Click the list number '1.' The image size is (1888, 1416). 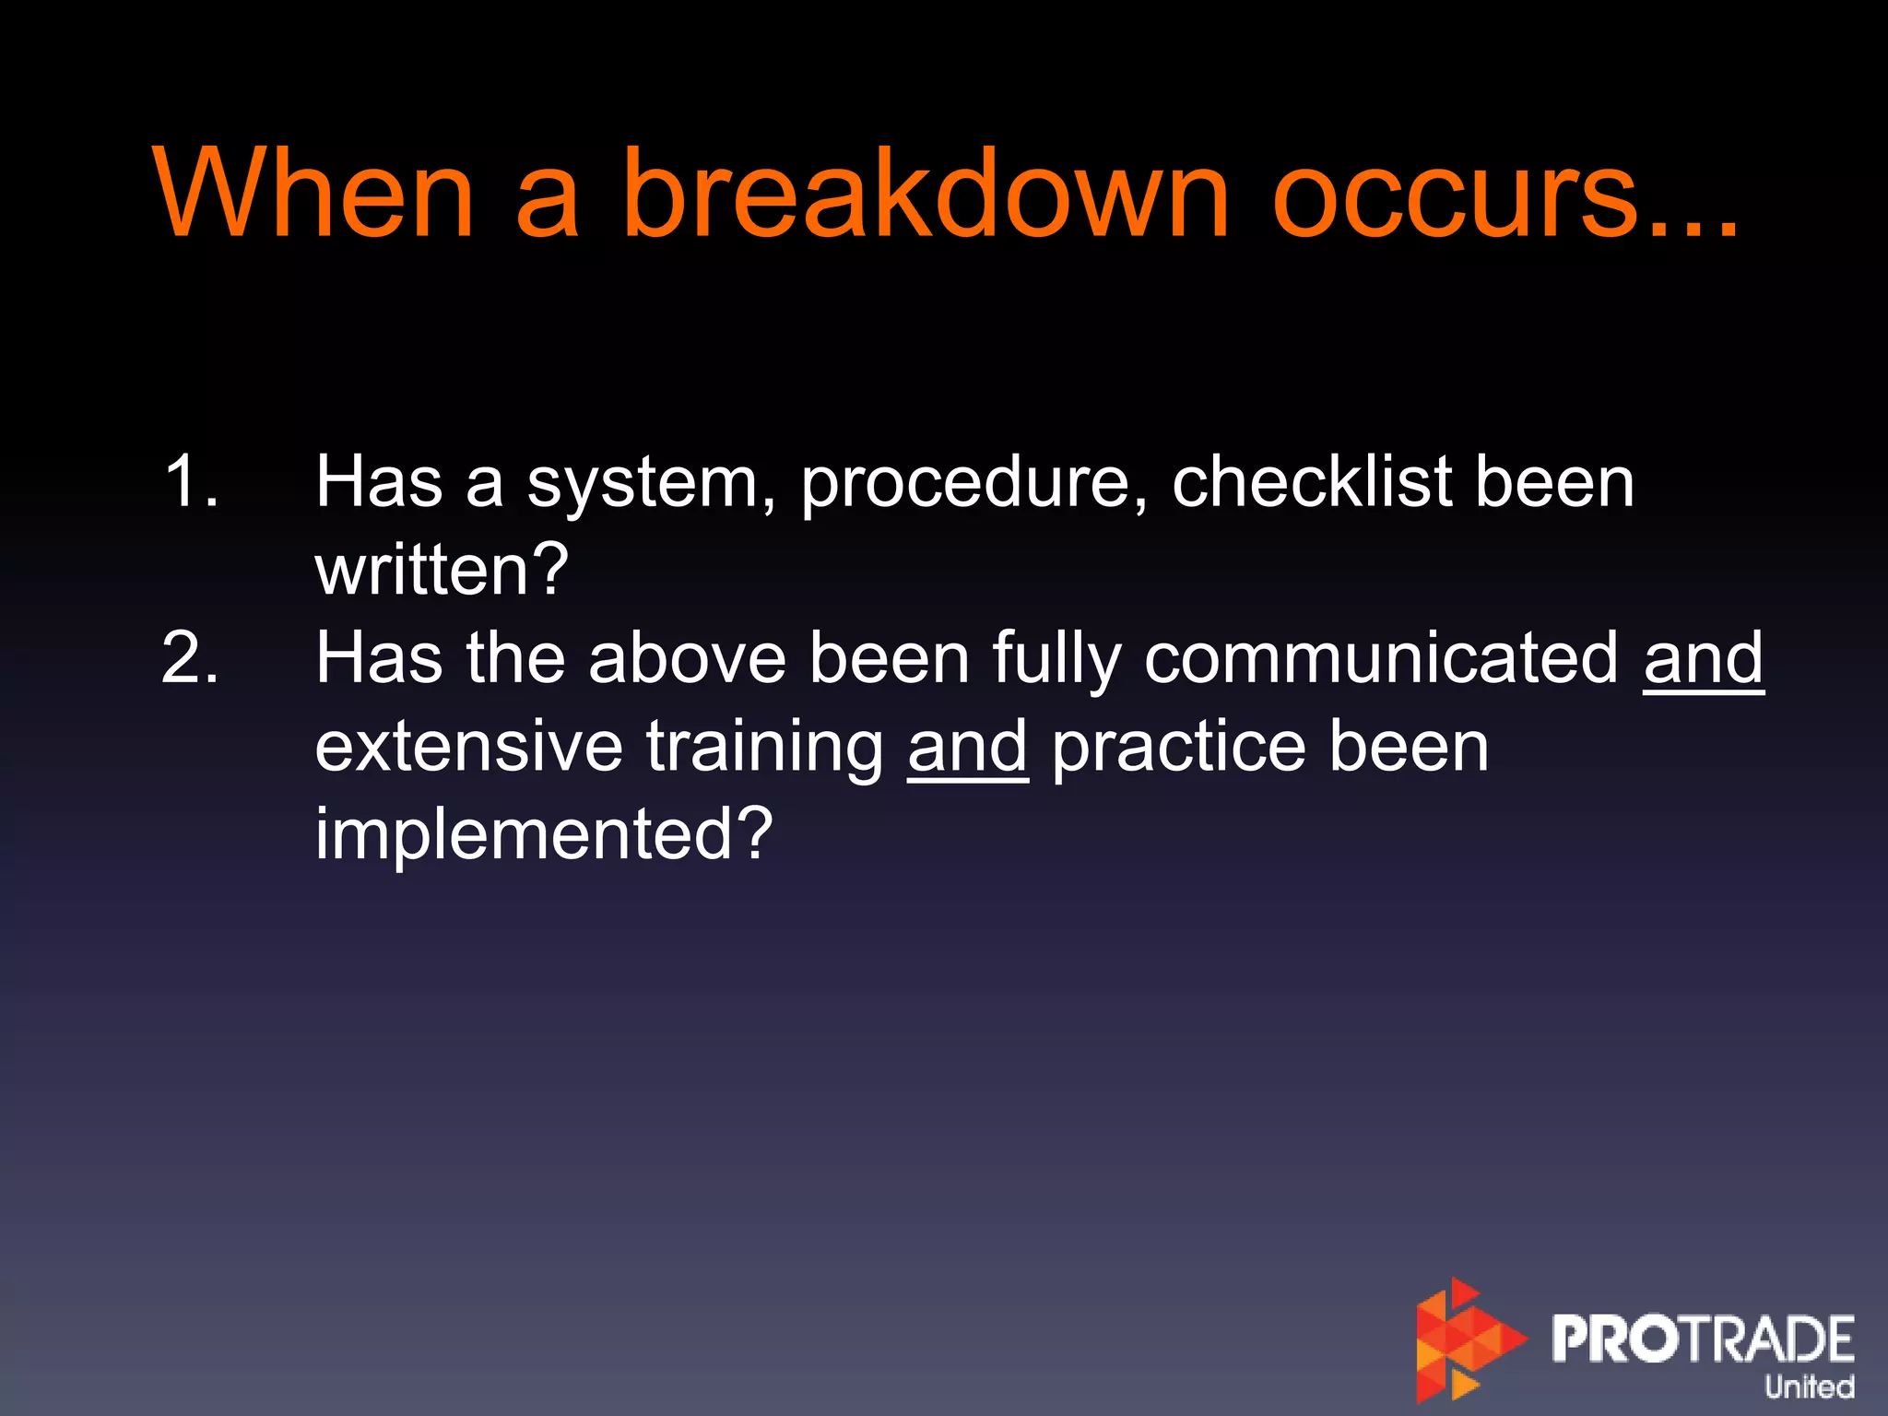pyautogui.click(x=191, y=481)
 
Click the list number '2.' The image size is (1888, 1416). pyautogui.click(x=191, y=658)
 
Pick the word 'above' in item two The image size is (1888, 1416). pyautogui.click(x=687, y=658)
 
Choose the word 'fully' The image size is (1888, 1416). pyautogui.click(x=1056, y=660)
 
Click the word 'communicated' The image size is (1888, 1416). pyautogui.click(x=1381, y=658)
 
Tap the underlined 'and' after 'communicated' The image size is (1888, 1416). pyautogui.click(x=1703, y=658)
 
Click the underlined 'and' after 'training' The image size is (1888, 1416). pyautogui.click(x=967, y=747)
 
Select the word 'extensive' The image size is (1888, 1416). pyautogui.click(x=468, y=747)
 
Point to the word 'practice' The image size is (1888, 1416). pyautogui.click(x=1178, y=747)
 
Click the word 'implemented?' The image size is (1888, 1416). pyautogui.click(x=543, y=833)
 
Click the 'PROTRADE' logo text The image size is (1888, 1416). pyautogui.click(x=1702, y=1339)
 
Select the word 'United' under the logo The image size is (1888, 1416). pyautogui.click(x=1808, y=1386)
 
